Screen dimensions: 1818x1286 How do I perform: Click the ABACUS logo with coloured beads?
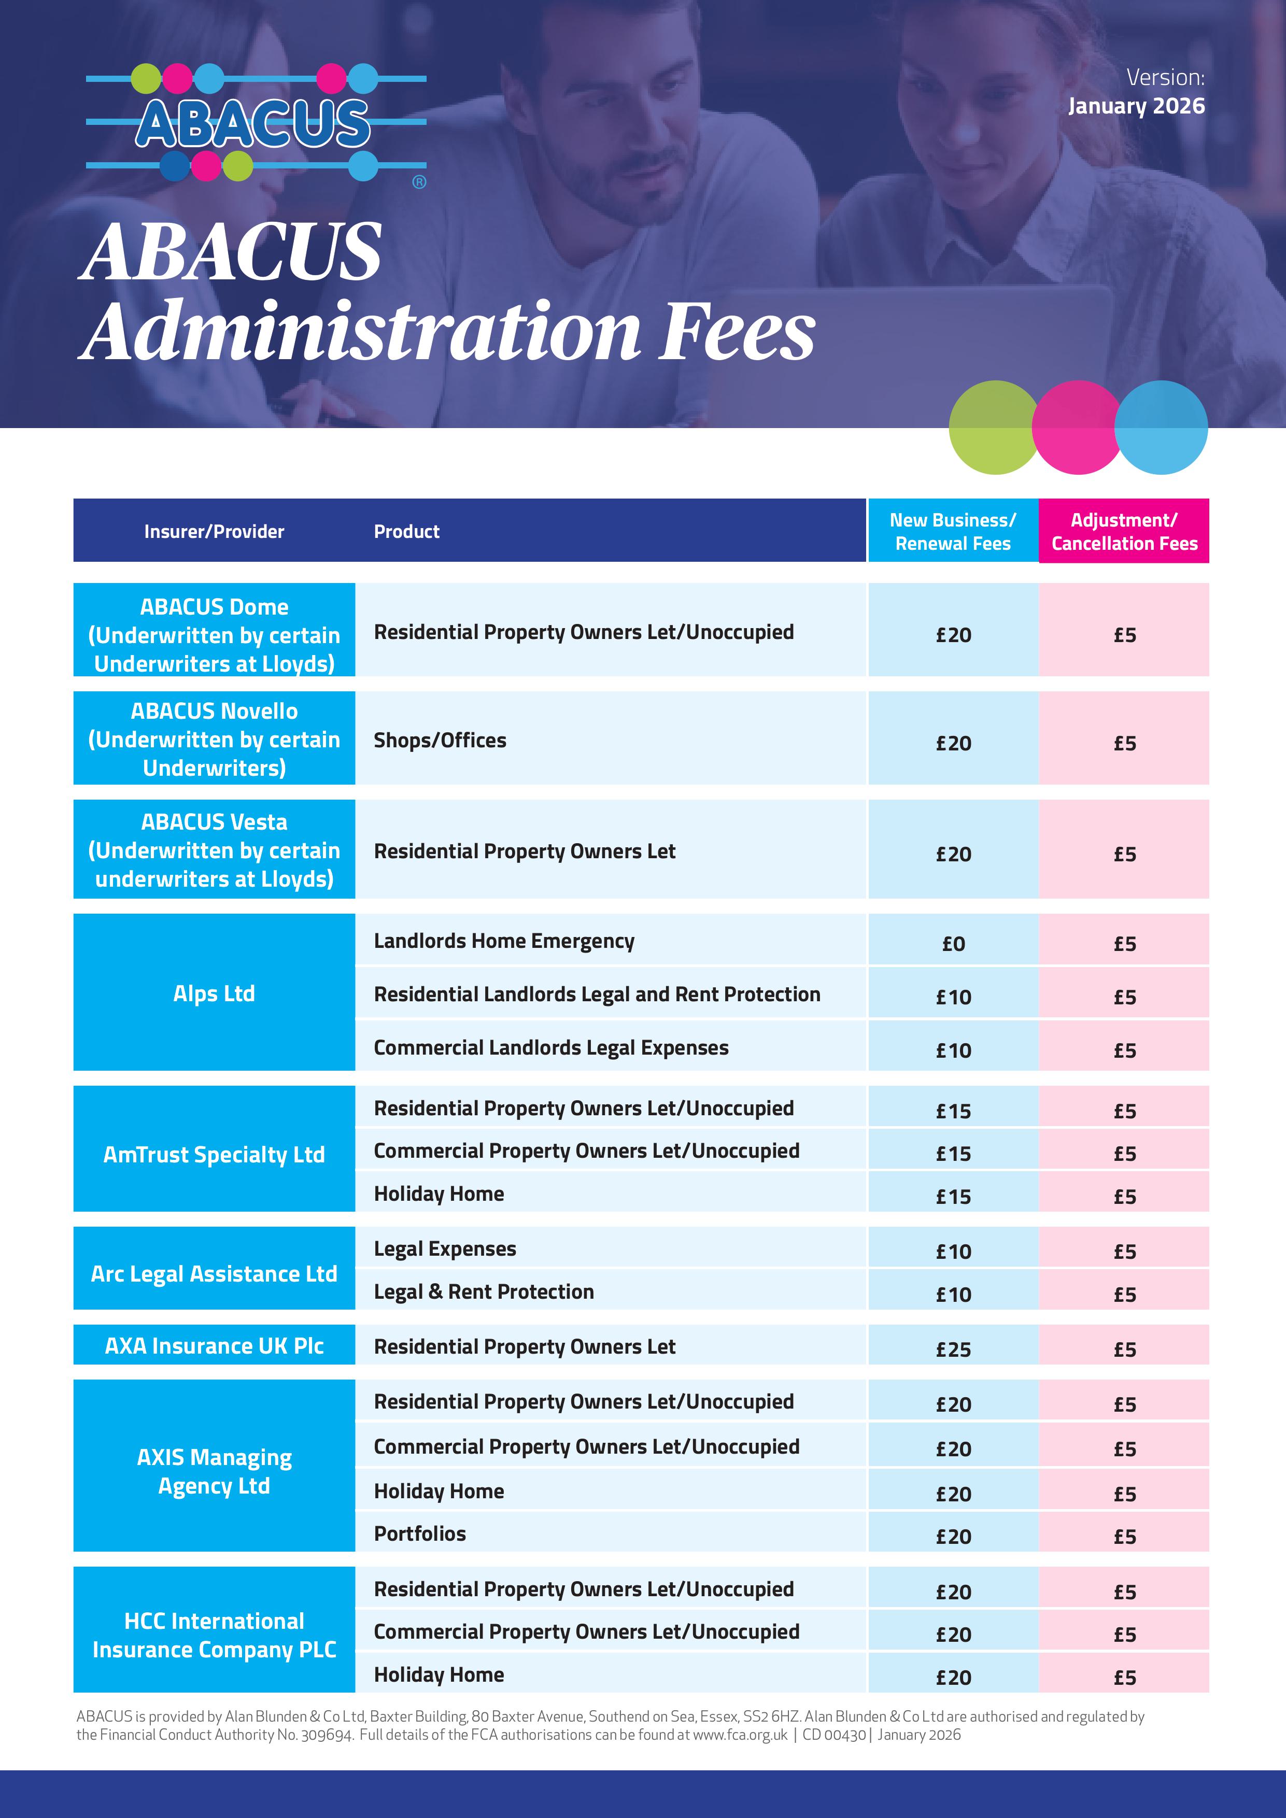click(x=255, y=123)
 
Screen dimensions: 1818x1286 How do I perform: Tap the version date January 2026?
click(x=1136, y=106)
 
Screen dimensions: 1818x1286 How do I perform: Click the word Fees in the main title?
click(x=737, y=331)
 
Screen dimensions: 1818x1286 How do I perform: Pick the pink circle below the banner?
click(x=1077, y=428)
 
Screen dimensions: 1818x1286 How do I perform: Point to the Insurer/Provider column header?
click(x=214, y=531)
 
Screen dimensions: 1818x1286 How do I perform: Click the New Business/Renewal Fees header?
click(x=953, y=531)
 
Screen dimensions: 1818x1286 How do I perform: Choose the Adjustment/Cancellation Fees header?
click(x=1124, y=531)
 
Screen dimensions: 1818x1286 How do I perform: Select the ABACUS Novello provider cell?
click(x=214, y=739)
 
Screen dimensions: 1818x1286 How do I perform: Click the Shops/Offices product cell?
click(x=440, y=741)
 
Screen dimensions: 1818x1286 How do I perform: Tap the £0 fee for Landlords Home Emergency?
click(x=953, y=944)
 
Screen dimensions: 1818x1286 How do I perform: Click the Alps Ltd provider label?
click(x=214, y=993)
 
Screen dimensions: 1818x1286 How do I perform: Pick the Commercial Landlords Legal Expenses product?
click(x=551, y=1047)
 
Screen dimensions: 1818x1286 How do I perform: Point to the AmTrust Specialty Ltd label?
click(x=214, y=1155)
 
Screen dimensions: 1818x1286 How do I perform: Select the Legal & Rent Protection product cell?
click(x=484, y=1291)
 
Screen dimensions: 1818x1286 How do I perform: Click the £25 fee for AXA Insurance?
click(x=953, y=1349)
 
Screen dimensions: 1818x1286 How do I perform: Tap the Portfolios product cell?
click(x=420, y=1533)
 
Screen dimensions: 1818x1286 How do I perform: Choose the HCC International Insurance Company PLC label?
click(x=214, y=1635)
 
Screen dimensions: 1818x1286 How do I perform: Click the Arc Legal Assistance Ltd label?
click(x=214, y=1273)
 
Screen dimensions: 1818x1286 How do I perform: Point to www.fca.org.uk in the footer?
click(x=740, y=1734)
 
